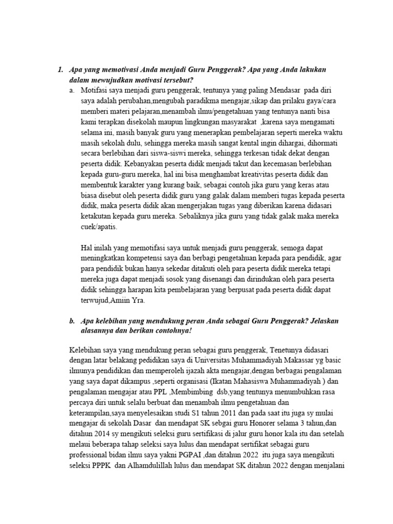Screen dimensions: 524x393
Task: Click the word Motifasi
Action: click(96, 90)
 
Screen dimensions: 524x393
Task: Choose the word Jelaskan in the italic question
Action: click(320, 320)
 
